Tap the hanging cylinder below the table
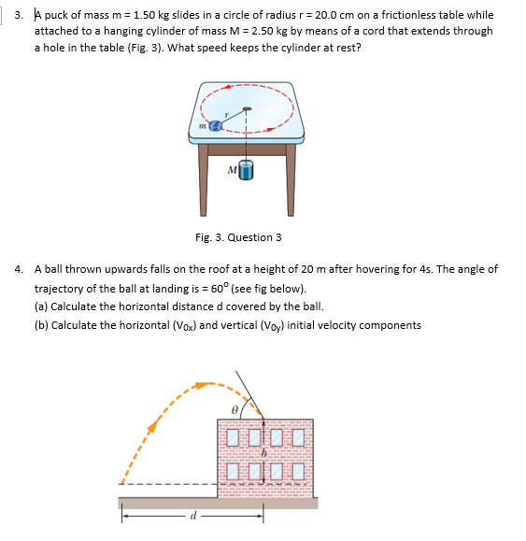coord(246,171)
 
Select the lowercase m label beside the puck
coord(201,123)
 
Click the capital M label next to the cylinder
coord(231,170)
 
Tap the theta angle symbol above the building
coord(237,409)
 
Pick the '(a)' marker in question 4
coord(41,307)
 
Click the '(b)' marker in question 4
coord(41,326)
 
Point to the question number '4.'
coord(20,269)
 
